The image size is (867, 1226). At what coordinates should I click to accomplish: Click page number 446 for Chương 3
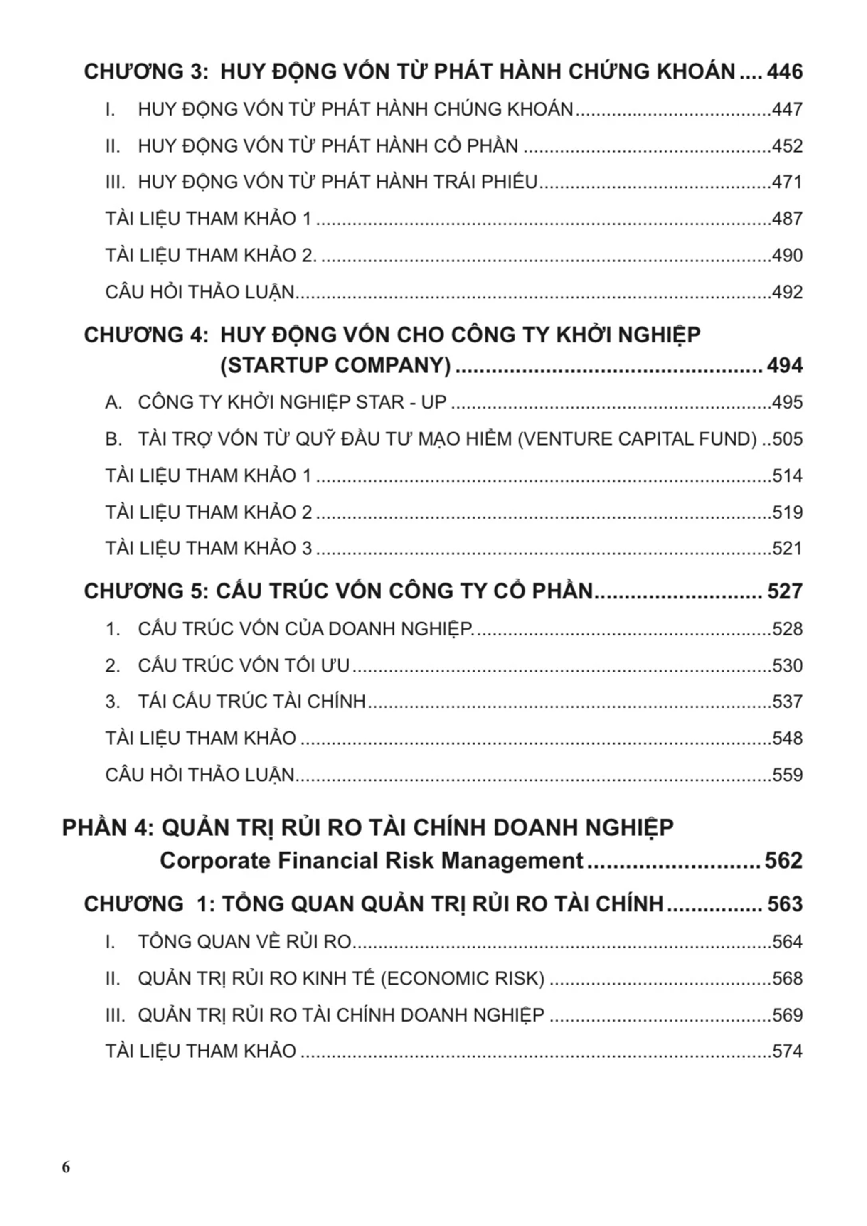784,71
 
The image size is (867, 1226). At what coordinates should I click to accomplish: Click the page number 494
784,366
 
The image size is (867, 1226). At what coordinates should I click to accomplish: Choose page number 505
787,439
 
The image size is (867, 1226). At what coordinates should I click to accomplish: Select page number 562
783,861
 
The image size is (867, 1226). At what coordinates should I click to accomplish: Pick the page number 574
787,1051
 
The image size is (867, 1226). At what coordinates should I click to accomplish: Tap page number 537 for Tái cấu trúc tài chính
787,702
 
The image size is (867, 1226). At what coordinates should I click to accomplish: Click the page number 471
787,182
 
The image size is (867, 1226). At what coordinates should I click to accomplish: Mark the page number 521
787,549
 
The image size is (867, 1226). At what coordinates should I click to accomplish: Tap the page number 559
787,775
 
